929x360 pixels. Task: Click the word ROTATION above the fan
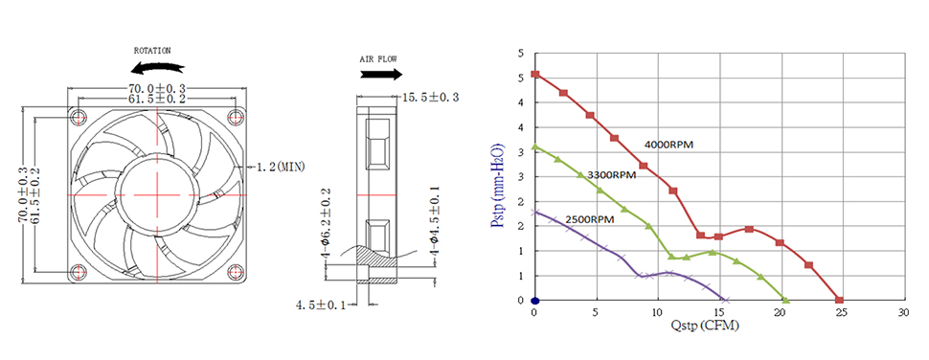coord(152,51)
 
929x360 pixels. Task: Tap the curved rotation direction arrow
coord(156,69)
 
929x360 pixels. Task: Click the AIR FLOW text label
coord(378,59)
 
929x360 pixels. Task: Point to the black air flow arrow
coord(381,75)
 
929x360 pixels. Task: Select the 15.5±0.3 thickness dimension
coord(431,97)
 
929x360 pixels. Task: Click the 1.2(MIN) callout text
coord(281,167)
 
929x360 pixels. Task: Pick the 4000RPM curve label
coord(668,144)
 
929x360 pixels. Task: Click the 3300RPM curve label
coord(611,174)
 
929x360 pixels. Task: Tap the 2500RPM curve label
coord(590,219)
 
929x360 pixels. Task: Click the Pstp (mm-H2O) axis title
coord(497,186)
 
